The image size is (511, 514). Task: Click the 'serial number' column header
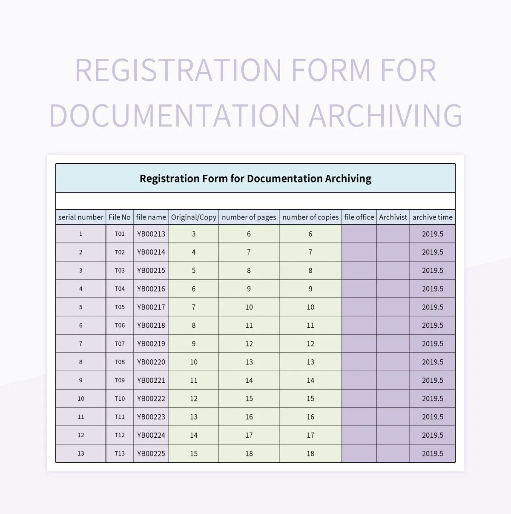coord(80,217)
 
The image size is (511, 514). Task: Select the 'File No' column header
coord(120,217)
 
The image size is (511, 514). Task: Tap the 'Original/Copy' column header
coord(194,217)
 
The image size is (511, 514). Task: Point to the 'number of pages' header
coord(249,217)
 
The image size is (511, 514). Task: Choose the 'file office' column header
coord(359,217)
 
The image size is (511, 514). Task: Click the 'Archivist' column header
coord(393,217)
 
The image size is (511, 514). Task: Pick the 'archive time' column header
coord(433,217)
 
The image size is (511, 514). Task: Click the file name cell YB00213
coord(151,234)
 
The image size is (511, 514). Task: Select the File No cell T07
coord(120,344)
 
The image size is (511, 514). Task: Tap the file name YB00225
coord(151,453)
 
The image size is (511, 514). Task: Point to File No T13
coord(120,453)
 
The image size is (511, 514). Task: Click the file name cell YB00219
coord(151,344)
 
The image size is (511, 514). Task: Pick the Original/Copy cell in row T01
coord(194,234)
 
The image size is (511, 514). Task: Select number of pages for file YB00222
coord(249,398)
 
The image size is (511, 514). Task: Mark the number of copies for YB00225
coord(310,453)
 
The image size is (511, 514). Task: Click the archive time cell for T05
coord(433,307)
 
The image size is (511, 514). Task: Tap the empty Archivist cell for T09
coord(393,380)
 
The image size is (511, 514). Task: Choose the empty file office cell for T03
coord(359,270)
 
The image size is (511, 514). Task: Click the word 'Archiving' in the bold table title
coord(348,179)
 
